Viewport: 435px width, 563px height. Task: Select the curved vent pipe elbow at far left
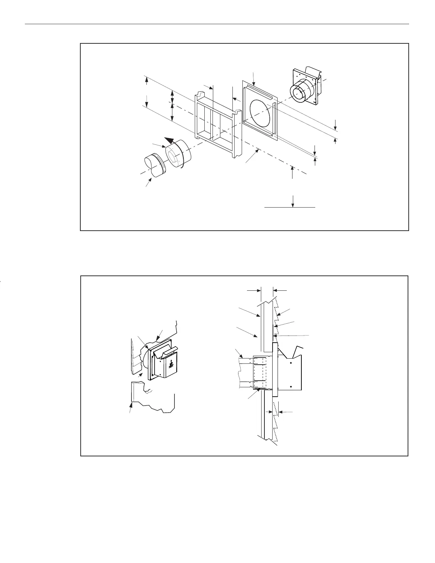click(x=153, y=165)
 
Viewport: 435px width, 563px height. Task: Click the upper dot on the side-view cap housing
click(x=291, y=363)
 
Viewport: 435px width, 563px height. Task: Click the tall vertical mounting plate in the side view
click(x=274, y=370)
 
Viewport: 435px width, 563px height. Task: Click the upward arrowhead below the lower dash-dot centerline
click(x=292, y=168)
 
